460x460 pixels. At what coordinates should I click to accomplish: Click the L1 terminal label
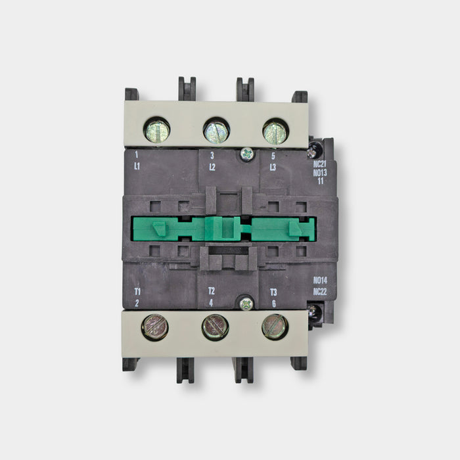click(x=137, y=166)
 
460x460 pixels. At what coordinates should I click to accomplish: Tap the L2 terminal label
click(x=212, y=167)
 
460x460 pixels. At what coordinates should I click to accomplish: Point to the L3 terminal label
click(x=273, y=168)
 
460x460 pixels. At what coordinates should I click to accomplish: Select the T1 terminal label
click(x=137, y=292)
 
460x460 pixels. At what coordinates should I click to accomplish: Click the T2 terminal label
click(x=212, y=291)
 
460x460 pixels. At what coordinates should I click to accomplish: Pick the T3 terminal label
click(x=273, y=292)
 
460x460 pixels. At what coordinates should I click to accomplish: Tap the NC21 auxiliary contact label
click(x=320, y=164)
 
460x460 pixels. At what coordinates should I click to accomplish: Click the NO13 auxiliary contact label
click(x=320, y=173)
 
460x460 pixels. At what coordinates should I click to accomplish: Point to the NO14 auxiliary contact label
click(x=320, y=281)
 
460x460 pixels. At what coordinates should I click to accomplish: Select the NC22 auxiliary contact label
click(x=320, y=292)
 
